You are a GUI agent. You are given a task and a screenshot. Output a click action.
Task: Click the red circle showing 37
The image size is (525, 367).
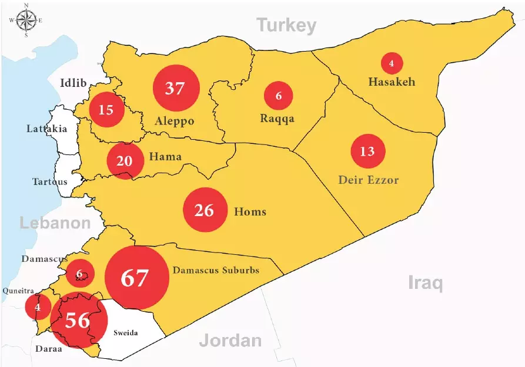click(x=176, y=89)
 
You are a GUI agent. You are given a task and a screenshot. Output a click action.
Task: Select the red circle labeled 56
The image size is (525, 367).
click(x=78, y=320)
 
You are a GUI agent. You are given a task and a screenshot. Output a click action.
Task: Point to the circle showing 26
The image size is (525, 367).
click(x=205, y=210)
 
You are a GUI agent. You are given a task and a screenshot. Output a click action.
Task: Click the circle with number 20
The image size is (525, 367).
click(x=125, y=160)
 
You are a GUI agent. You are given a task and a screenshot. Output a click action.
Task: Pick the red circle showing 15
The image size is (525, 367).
click(x=106, y=109)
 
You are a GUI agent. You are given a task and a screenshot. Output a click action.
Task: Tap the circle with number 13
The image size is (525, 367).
click(x=367, y=151)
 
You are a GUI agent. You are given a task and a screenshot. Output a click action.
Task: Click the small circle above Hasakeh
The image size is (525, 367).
click(x=392, y=63)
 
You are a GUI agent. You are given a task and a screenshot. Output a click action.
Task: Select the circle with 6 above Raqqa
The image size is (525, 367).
click(x=279, y=96)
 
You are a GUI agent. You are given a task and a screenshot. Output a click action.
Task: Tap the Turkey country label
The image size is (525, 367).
click(x=286, y=25)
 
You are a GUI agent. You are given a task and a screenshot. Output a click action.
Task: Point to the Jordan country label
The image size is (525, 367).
click(x=230, y=340)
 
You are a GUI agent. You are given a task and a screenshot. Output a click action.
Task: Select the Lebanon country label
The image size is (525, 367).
click(x=55, y=223)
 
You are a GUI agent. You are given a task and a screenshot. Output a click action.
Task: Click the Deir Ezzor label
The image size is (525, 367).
click(x=368, y=180)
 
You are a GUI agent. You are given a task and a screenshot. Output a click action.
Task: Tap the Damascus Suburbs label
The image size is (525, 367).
click(x=215, y=271)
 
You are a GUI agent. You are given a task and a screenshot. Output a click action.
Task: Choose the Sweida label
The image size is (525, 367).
click(x=125, y=333)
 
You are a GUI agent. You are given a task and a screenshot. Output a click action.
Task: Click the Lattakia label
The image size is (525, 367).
click(x=46, y=129)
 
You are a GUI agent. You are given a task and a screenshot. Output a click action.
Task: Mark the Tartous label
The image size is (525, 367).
click(x=49, y=181)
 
